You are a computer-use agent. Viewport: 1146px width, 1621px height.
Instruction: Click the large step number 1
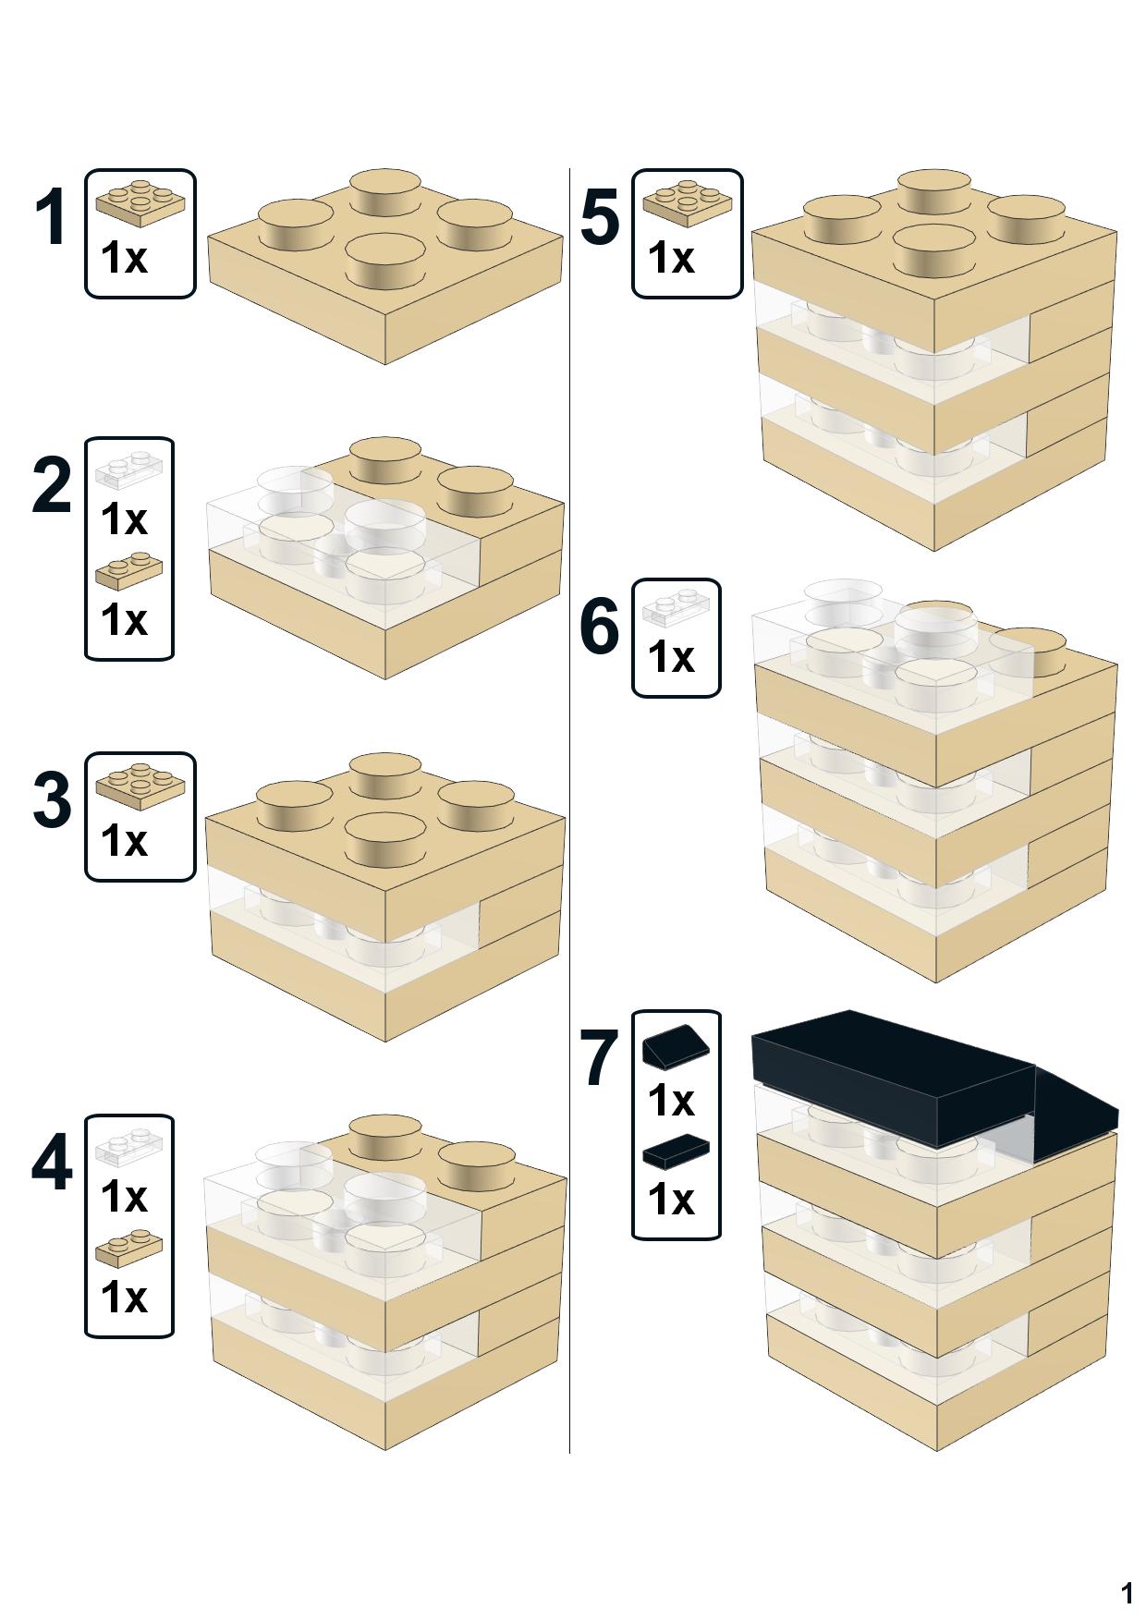tap(51, 218)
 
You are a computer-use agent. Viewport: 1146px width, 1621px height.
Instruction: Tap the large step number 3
tap(51, 800)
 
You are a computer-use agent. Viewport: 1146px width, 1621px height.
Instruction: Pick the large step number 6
tap(599, 627)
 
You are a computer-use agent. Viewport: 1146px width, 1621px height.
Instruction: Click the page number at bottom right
tap(1127, 1593)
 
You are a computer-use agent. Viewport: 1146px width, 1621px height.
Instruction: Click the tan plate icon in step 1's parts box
tap(140, 201)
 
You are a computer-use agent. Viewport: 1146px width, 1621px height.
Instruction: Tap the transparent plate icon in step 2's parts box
tap(128, 469)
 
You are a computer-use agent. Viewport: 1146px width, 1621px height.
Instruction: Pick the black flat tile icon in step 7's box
tap(676, 1151)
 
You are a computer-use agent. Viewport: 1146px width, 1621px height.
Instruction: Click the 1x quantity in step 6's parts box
tap(671, 657)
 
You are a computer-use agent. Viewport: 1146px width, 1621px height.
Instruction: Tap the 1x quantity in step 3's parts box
tap(124, 841)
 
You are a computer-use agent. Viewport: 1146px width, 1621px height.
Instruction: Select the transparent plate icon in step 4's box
tap(128, 1146)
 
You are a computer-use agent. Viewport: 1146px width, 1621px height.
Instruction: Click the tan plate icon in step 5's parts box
tap(687, 201)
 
